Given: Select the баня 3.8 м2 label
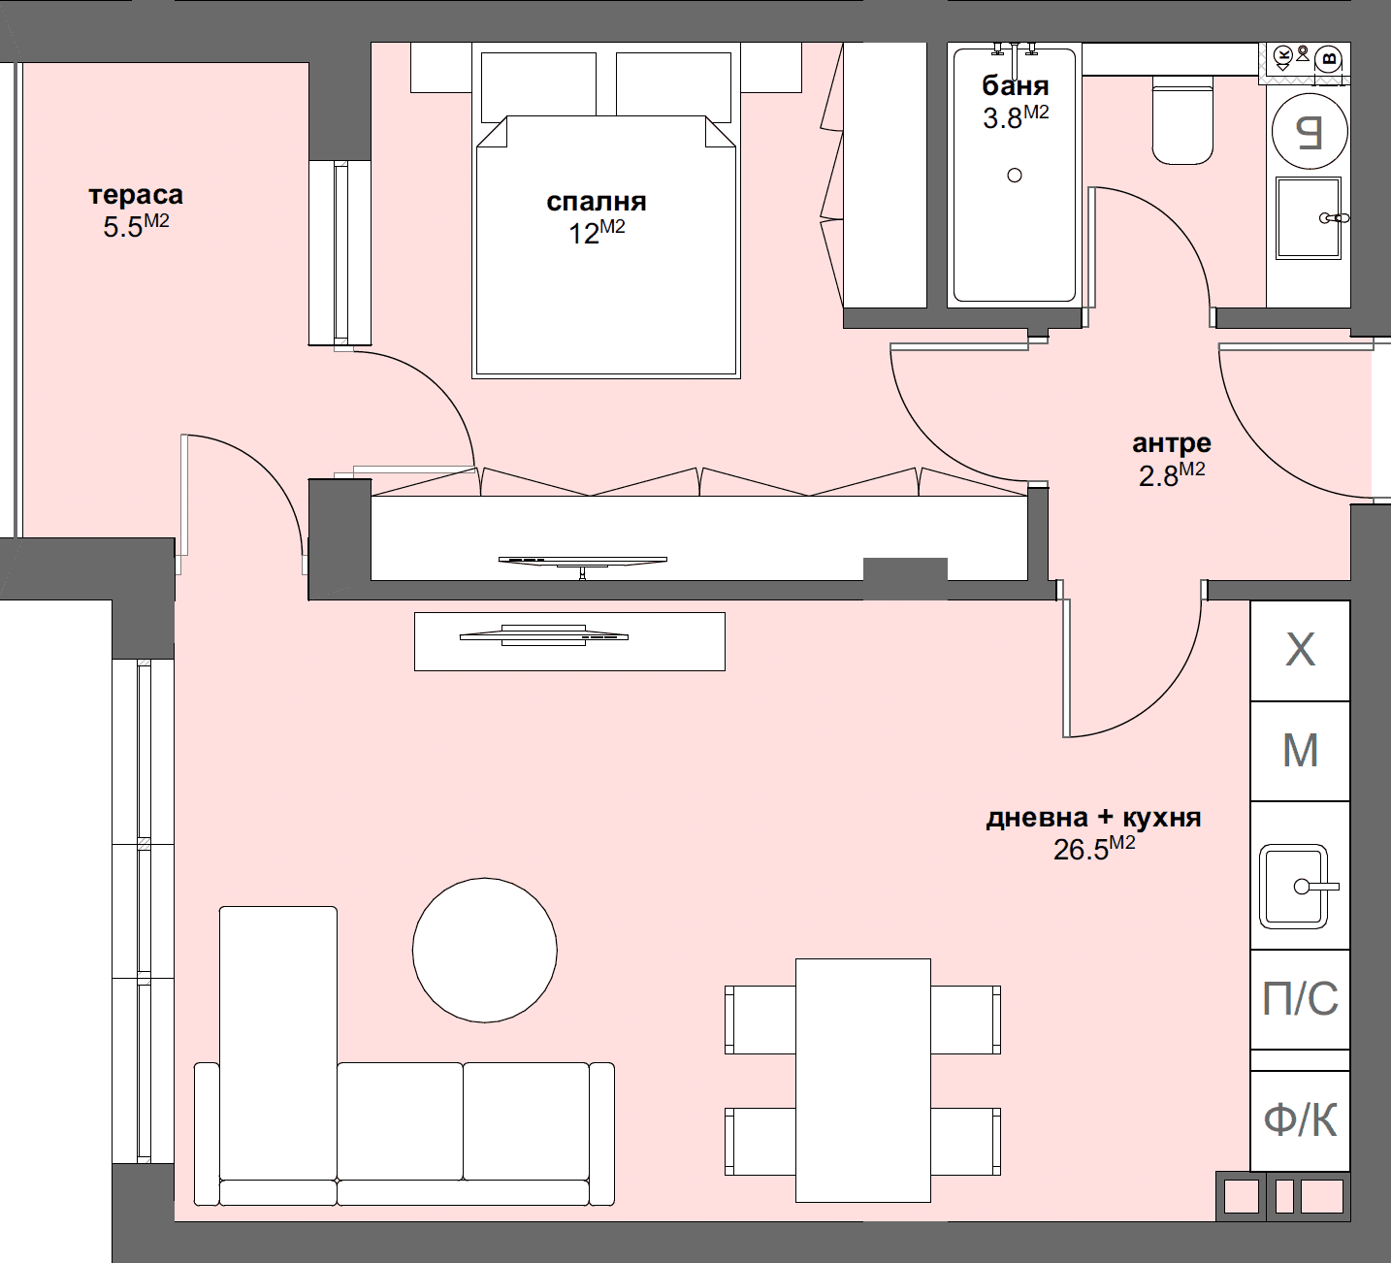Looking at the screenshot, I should pos(1016,101).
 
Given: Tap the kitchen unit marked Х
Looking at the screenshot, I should pos(1300,651).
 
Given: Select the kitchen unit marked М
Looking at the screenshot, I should pos(1300,751).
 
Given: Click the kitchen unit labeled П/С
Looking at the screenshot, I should pos(1300,999).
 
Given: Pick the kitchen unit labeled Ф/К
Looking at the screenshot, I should pos(1300,1120).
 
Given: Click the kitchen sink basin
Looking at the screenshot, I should pos(1293,886).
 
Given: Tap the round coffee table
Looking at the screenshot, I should pos(484,950).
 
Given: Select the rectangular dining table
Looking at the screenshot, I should pos(862,1080).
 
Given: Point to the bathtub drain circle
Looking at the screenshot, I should pos(1015,176).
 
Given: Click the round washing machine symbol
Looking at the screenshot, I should pos(1309,131).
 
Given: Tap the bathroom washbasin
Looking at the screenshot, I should pos(1308,218).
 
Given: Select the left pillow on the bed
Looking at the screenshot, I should pos(538,83).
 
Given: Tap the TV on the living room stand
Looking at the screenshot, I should pos(543,636).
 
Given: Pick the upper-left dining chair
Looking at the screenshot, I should pos(761,1019).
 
